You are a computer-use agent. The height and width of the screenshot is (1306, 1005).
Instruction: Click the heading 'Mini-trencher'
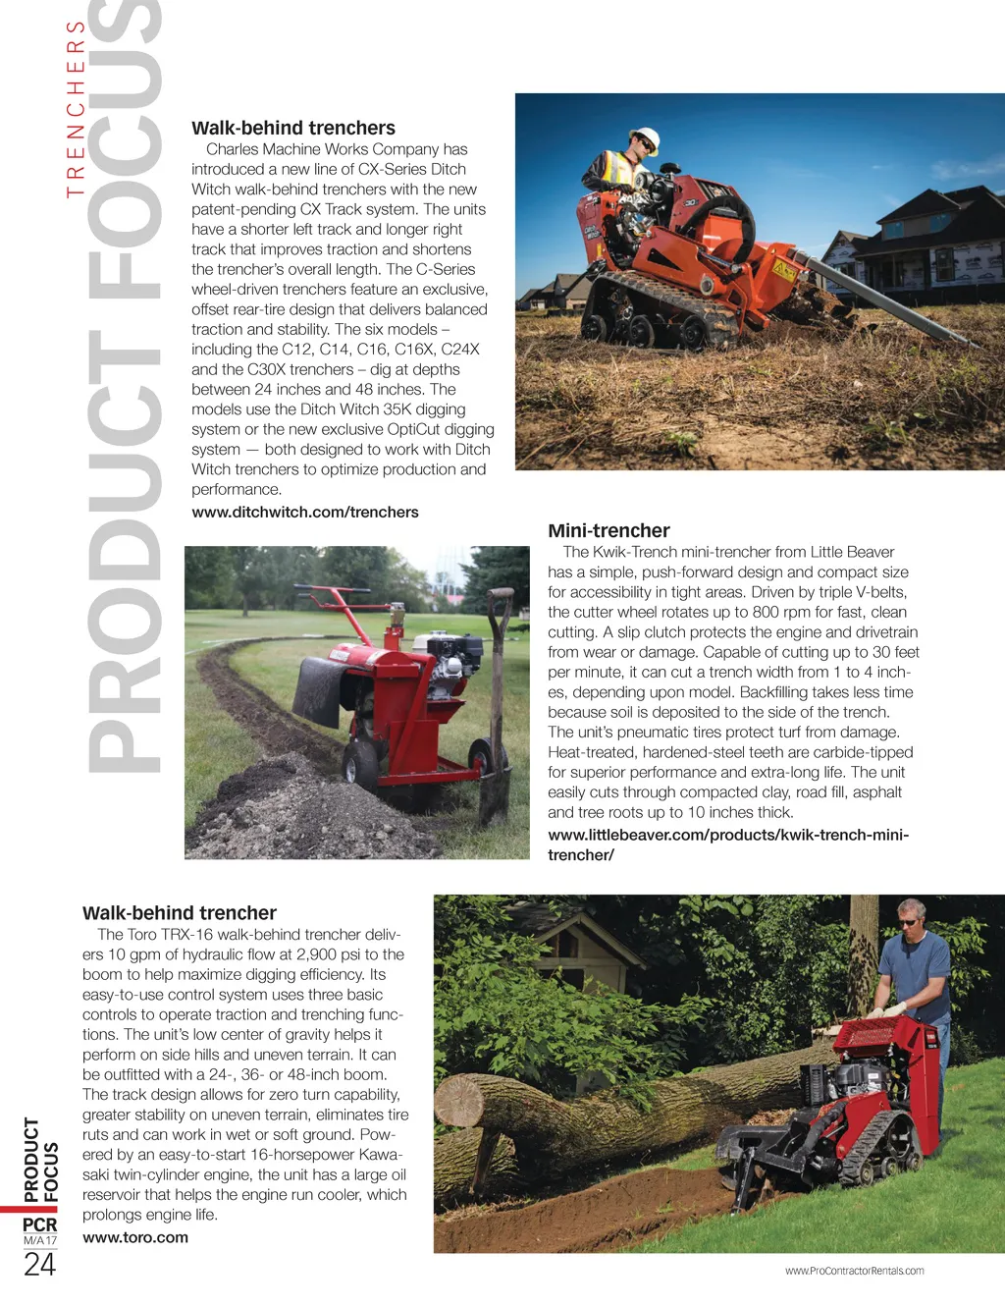pos(608,531)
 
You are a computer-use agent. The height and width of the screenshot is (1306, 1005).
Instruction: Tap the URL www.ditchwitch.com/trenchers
pos(304,513)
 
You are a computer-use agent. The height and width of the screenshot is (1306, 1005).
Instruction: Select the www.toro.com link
pos(135,1238)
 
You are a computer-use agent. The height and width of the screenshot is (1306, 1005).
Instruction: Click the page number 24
pos(39,1265)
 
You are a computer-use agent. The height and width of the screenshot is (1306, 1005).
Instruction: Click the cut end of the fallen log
pos(458,1100)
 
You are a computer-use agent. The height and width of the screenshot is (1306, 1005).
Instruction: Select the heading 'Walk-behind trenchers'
pos(293,129)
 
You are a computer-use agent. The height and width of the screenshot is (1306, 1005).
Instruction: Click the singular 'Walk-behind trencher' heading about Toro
pos(180,913)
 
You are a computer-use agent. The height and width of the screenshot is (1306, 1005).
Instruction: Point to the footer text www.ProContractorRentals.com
pos(854,1271)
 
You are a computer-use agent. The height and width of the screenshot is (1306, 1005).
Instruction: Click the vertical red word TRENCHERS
pos(76,108)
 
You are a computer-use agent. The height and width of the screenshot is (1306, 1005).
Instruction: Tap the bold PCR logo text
pos(40,1224)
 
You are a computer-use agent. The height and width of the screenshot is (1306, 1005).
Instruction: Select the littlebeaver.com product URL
pos(727,844)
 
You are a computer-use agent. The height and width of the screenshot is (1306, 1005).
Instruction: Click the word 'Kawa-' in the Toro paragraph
pos(381,1155)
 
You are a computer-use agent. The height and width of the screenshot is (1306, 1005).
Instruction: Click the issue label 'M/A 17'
pos(39,1241)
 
